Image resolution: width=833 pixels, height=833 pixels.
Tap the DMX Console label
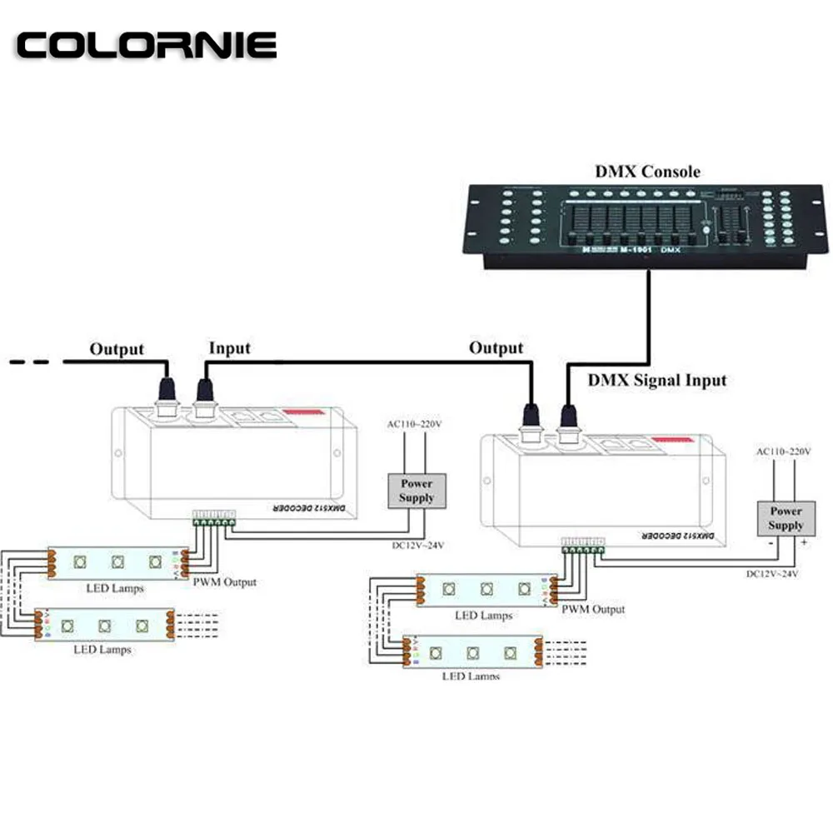click(647, 172)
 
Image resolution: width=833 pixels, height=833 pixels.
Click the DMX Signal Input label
click(657, 381)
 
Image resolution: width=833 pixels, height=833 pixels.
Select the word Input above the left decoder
click(229, 348)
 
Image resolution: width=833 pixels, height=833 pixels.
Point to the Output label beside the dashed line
click(117, 349)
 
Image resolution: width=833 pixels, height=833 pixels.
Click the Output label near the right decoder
click(496, 347)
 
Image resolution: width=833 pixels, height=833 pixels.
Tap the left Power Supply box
click(416, 491)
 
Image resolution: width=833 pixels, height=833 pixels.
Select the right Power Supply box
click(786, 518)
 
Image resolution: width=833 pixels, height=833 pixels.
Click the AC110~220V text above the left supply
click(414, 424)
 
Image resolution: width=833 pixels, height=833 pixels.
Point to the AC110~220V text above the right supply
click(782, 451)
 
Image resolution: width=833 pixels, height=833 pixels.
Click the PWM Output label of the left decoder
click(224, 581)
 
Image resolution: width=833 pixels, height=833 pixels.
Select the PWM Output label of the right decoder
click(593, 609)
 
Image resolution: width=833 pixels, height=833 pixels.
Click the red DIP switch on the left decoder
click(307, 412)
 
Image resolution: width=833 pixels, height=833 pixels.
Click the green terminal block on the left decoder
click(213, 520)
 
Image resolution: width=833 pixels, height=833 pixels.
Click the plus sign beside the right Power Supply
click(805, 541)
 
